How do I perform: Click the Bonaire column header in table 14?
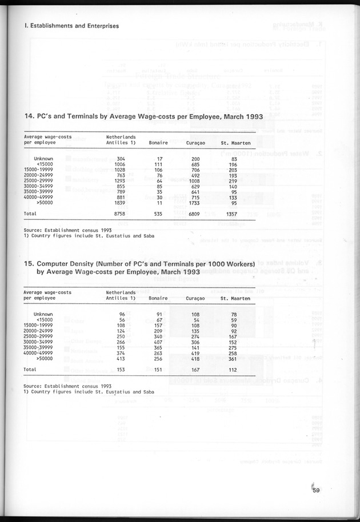click(158, 142)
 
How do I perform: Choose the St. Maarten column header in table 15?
click(232, 298)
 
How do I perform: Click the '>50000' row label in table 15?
click(44, 359)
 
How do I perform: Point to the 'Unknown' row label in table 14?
click(43, 158)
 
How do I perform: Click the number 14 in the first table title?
click(29, 117)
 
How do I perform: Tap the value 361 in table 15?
click(233, 359)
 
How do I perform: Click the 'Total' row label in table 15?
click(30, 369)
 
